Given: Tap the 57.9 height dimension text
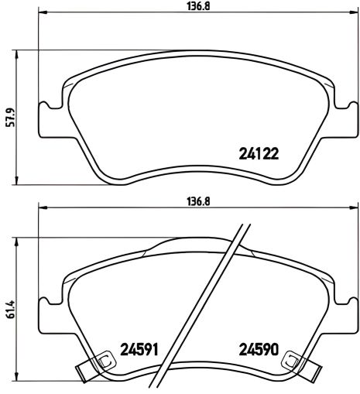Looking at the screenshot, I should [9, 118].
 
